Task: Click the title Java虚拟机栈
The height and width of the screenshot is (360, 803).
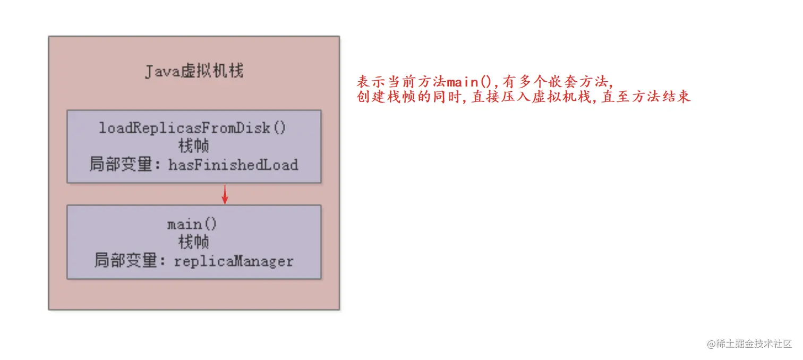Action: (194, 71)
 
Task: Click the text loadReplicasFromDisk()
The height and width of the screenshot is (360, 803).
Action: (193, 128)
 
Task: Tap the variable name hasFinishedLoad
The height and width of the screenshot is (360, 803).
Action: (233, 165)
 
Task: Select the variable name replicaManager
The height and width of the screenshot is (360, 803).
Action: (234, 261)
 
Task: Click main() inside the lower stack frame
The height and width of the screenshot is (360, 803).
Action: (192, 224)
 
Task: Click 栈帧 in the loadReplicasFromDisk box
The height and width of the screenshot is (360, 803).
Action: (193, 146)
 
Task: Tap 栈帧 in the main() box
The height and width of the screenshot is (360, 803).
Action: (193, 242)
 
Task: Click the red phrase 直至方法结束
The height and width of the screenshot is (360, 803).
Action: (645, 98)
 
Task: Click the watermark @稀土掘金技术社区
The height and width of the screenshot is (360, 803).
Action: (749, 344)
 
